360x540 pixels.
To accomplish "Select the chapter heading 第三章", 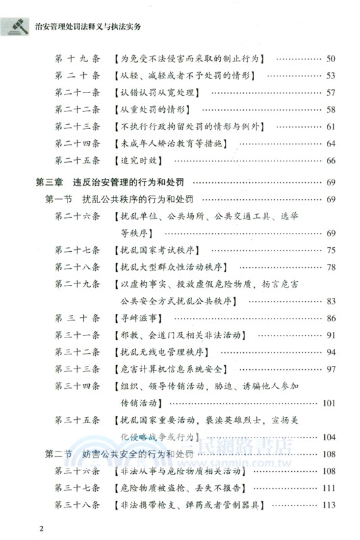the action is [52, 183].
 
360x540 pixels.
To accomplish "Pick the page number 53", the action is [330, 76].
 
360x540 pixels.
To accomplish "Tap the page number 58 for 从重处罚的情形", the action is [330, 109].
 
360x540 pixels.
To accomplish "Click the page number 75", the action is [330, 251].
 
